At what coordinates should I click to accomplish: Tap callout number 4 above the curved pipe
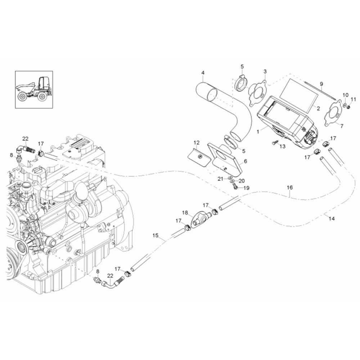coord(203,73)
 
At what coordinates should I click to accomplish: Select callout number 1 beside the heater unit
coord(258,132)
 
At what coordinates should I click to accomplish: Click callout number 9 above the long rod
coord(321,84)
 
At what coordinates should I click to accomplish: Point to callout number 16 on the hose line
coord(290,188)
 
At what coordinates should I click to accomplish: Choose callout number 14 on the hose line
coord(332,219)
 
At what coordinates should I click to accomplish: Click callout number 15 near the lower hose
coord(155,235)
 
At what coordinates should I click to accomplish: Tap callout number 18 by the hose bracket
coord(185,213)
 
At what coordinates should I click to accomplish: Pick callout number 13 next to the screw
coord(282,147)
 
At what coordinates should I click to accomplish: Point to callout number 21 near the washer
coord(219,179)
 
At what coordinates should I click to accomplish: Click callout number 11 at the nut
coord(353,99)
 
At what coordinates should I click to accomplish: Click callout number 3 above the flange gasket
coord(265,72)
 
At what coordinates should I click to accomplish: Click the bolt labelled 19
coord(235,186)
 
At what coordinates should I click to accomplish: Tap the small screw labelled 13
coord(274,143)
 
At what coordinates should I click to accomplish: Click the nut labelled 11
coord(348,107)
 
